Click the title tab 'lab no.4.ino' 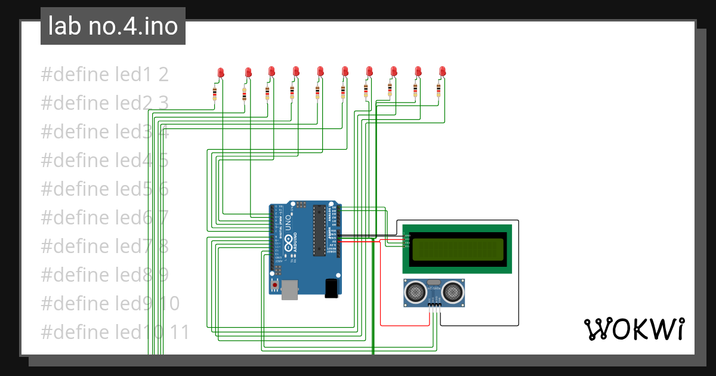[113, 26]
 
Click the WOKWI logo [633, 329]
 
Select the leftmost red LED [221, 73]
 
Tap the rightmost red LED [442, 72]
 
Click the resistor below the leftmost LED [215, 93]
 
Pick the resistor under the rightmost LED [439, 90]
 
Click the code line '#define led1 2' [104, 75]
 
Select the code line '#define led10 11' [115, 331]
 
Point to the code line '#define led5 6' [104, 189]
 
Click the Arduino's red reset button [275, 285]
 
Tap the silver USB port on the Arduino [290, 288]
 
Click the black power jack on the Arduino [331, 288]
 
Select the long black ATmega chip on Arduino [320, 230]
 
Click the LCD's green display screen [458, 249]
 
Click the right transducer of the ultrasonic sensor [453, 291]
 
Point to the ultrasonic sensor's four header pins [434, 306]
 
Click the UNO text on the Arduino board [288, 223]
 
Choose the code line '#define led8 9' [104, 275]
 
